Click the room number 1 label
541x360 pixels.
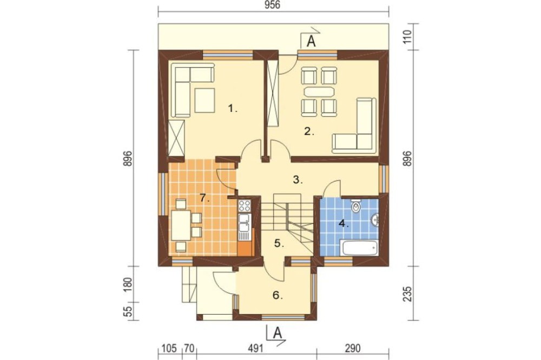tap(233, 109)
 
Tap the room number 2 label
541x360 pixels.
tap(309, 131)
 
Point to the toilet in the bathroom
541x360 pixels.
tap(355, 206)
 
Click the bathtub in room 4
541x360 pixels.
tap(359, 248)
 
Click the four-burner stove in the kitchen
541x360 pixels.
tap(245, 206)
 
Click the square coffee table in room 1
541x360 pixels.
tap(205, 101)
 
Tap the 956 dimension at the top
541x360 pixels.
tap(273, 5)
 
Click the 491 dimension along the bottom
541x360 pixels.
tap(255, 349)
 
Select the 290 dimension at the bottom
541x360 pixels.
tap(352, 349)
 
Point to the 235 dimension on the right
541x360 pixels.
tap(407, 294)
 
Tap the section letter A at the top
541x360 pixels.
tap(311, 42)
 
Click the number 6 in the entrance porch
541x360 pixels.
tap(278, 296)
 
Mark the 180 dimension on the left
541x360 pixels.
tap(128, 284)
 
